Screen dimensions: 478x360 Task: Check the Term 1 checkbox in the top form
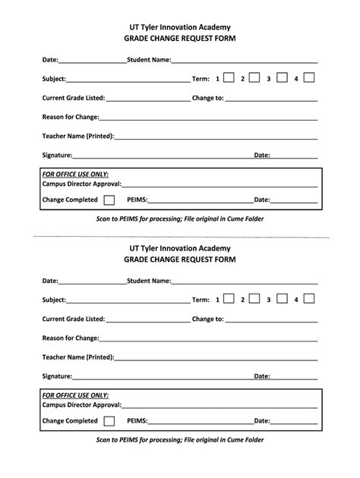[x=228, y=77]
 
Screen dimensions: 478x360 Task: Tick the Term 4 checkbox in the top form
[x=309, y=77]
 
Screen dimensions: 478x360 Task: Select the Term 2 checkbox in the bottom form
[x=254, y=299]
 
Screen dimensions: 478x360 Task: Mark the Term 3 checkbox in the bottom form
[x=282, y=299]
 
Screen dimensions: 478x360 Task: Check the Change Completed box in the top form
[x=109, y=200]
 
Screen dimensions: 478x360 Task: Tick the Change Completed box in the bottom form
[x=109, y=420]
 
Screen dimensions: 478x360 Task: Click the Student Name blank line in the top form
[x=244, y=60]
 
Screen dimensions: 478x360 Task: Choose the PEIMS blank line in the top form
[x=201, y=202]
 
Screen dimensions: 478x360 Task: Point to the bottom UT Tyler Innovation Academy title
[x=180, y=247]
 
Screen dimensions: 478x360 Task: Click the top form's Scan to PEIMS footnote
[x=180, y=219]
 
